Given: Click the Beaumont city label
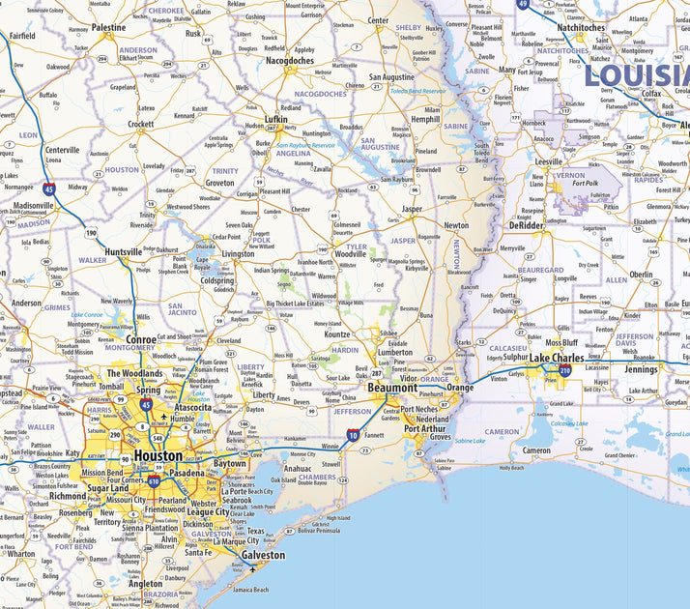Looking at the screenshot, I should pos(391,388).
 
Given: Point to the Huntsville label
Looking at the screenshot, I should pos(123,252).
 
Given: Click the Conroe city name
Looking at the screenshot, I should pos(141,339).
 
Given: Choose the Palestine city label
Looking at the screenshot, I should pos(108,28).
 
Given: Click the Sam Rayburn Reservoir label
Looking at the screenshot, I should pos(303,145).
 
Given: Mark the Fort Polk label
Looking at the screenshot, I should pos(585,183).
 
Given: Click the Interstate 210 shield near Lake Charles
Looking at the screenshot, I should pos(565,370).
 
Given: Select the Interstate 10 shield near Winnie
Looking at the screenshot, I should pos(354,437).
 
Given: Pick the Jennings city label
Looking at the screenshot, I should pos(641,369).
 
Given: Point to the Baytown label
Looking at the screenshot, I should pos(230,464).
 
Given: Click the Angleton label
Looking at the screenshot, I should pos(146,584).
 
